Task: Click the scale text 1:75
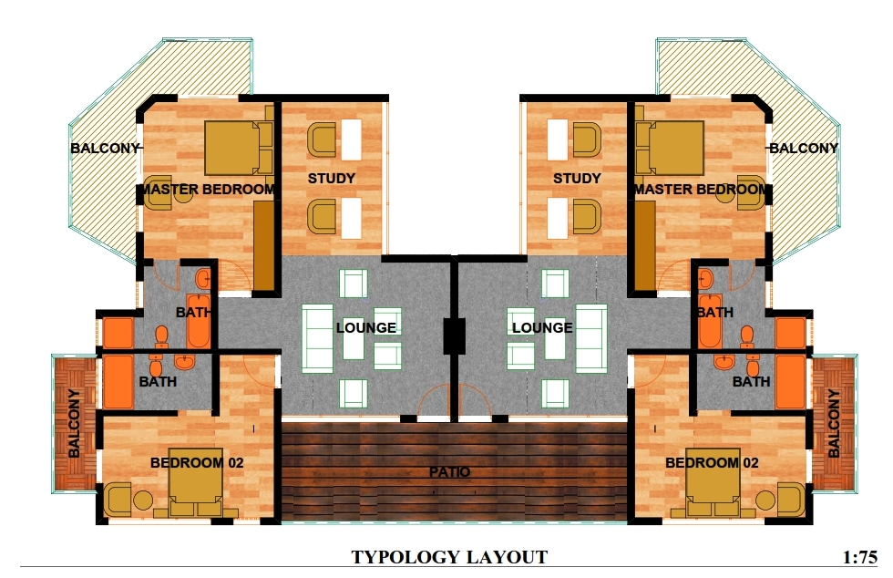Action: click(x=860, y=557)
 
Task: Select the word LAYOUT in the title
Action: click(x=505, y=557)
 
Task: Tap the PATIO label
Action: click(x=449, y=472)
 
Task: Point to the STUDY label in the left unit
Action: click(x=332, y=179)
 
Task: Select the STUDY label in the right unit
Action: click(x=577, y=179)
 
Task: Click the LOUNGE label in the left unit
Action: click(x=365, y=328)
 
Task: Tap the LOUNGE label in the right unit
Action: click(x=542, y=328)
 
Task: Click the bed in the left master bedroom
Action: click(x=238, y=148)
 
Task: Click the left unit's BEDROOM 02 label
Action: click(x=197, y=463)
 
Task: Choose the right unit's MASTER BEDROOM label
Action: click(x=701, y=190)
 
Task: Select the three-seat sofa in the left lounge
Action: click(x=317, y=339)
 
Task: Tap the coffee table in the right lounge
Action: click(x=555, y=339)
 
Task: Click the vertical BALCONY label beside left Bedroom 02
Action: click(x=74, y=424)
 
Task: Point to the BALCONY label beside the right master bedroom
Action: click(x=804, y=149)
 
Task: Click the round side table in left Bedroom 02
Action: click(x=143, y=501)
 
